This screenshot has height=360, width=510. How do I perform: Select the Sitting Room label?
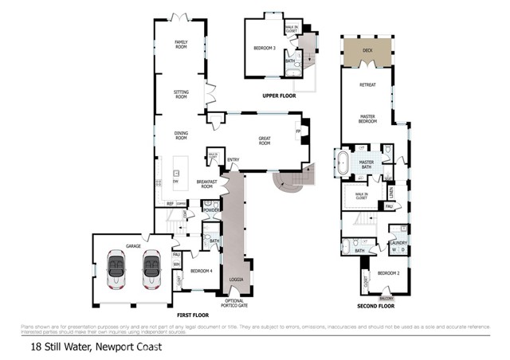tap(181, 94)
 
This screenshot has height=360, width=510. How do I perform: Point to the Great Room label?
tap(264, 141)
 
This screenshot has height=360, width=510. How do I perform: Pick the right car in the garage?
tap(151, 270)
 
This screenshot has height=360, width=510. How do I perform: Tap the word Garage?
tap(135, 245)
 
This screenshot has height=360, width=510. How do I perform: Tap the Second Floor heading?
tap(375, 306)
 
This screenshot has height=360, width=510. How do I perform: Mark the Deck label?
tap(367, 50)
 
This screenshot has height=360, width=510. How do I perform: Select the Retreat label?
tap(367, 83)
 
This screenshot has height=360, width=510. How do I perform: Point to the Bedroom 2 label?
tap(388, 273)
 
